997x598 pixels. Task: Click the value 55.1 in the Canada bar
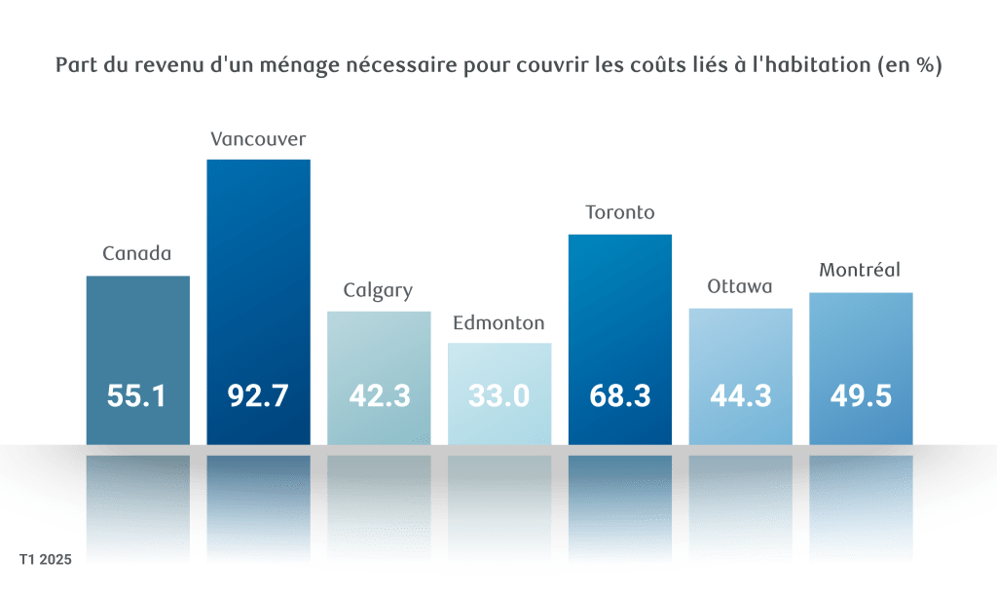click(x=137, y=396)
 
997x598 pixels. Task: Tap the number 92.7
click(x=258, y=396)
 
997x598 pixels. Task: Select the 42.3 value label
click(x=379, y=396)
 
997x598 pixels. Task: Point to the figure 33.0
click(x=499, y=396)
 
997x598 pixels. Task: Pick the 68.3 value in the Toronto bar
click(x=620, y=396)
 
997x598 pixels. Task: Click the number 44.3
click(x=740, y=396)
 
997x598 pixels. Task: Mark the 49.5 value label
click(x=861, y=396)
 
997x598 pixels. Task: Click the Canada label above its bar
click(x=137, y=255)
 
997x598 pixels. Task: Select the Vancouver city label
click(x=258, y=139)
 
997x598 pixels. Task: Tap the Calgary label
click(x=379, y=290)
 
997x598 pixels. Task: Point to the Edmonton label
click(x=499, y=322)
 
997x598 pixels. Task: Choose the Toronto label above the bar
click(x=620, y=213)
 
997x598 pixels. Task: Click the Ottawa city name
click(x=740, y=287)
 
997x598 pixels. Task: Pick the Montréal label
click(x=861, y=271)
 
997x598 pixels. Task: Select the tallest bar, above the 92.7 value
click(x=258, y=253)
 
